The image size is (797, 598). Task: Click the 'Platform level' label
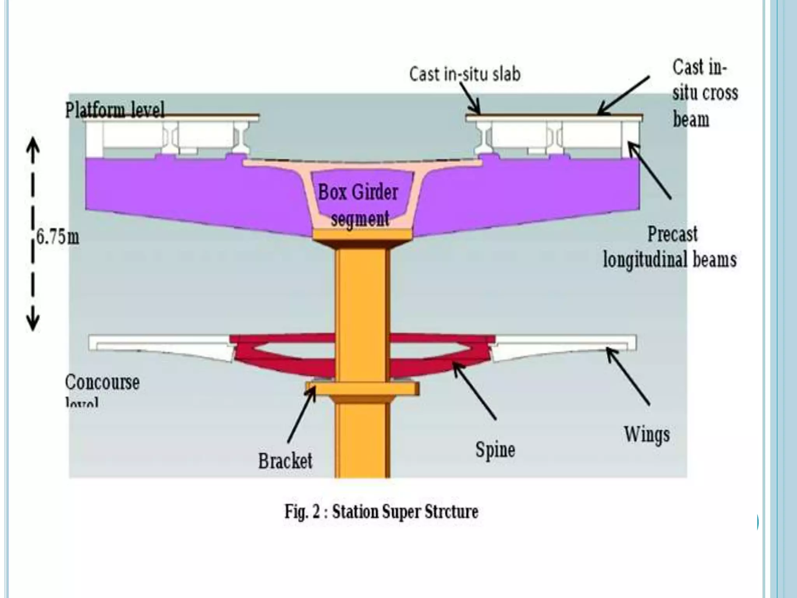pos(115,110)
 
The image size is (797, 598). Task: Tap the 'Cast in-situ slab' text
pos(465,74)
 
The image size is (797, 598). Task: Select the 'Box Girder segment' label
pos(358,205)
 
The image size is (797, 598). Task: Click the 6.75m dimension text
pos(58,237)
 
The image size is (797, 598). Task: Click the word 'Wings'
pos(647,434)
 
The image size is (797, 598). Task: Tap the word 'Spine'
pos(495,450)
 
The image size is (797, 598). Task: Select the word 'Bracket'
pos(285,461)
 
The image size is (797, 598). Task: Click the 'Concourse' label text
pos(102,382)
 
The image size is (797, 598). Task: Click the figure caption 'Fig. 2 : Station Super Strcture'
pos(381,512)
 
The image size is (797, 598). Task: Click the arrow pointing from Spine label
pos(475,391)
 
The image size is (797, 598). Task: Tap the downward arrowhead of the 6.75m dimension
pos(33,321)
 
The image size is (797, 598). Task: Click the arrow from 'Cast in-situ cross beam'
pos(623,95)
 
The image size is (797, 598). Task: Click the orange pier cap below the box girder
pos(362,235)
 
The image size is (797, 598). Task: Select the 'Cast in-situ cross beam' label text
pos(704,93)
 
